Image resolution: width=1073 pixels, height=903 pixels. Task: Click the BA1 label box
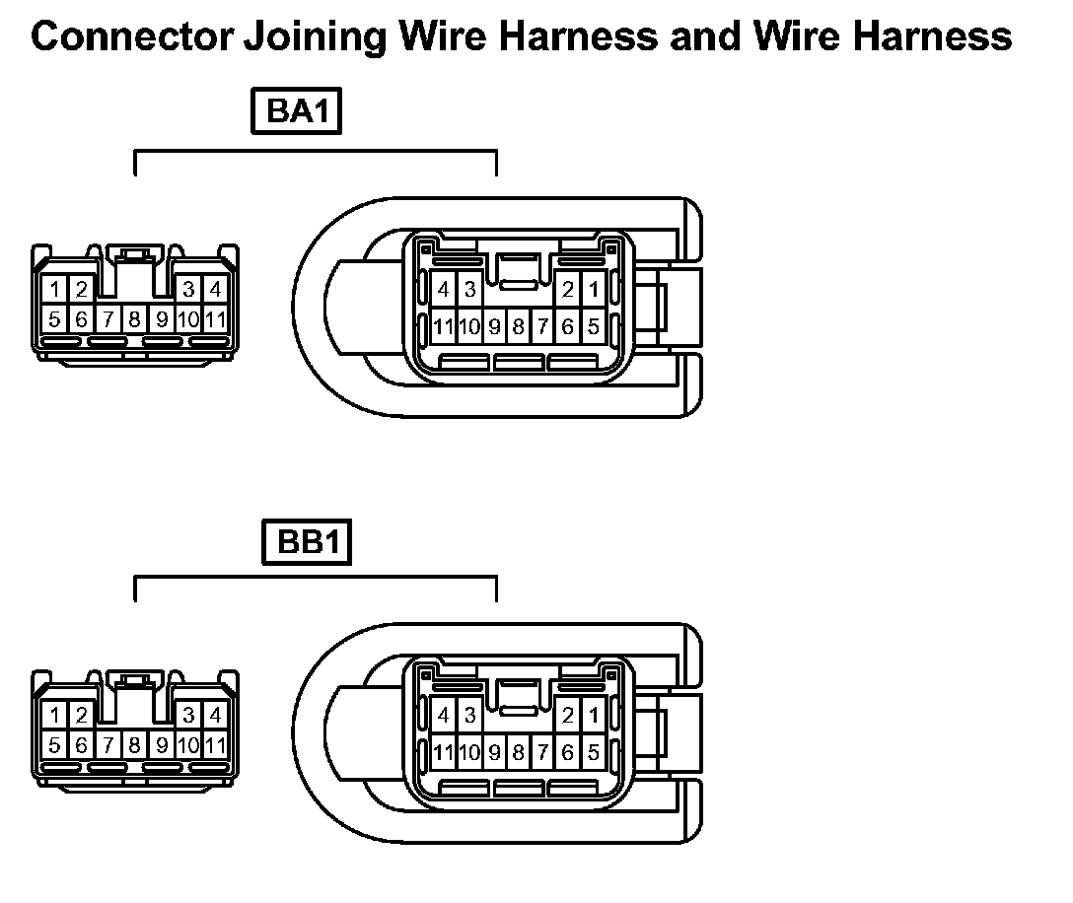tap(297, 112)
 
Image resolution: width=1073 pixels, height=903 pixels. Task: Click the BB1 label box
tap(308, 542)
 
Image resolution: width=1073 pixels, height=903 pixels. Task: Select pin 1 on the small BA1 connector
tap(56, 290)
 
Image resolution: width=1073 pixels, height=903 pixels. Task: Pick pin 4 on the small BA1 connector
tap(215, 290)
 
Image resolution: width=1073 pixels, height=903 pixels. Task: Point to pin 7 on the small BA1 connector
tap(108, 319)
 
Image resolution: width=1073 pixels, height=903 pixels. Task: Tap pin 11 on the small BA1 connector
tap(216, 319)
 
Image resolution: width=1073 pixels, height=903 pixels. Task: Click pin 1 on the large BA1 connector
tap(593, 290)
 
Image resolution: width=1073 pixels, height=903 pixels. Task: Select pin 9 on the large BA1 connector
tap(495, 326)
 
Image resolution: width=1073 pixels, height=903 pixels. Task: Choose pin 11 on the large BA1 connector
tap(444, 326)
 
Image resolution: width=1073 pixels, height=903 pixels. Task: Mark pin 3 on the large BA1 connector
tap(469, 290)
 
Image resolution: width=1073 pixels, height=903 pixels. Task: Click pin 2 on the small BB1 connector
tap(81, 716)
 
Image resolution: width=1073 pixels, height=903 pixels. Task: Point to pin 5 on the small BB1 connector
tap(55, 745)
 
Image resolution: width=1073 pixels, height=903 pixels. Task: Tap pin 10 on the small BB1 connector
tap(189, 745)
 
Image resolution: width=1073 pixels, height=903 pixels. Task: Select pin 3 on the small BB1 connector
tap(189, 716)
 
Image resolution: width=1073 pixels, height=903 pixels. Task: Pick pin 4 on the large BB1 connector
tap(444, 716)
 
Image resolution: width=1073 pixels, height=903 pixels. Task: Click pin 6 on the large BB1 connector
tap(568, 753)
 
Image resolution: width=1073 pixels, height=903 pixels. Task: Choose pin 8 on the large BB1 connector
tap(519, 753)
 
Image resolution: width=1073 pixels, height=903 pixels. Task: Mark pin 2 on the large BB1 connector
tap(568, 716)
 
